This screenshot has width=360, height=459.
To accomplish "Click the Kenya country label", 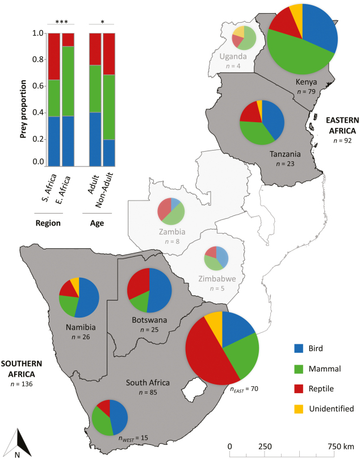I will tap(303, 82).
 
